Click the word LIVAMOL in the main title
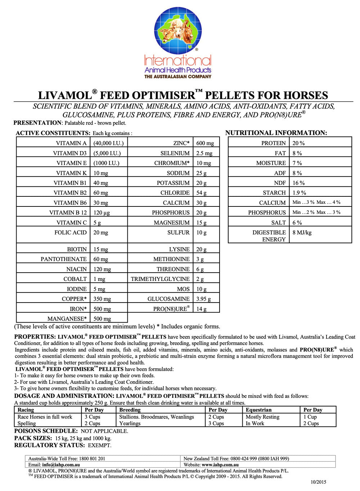click(65, 95)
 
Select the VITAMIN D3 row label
click(70, 153)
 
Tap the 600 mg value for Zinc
click(205, 143)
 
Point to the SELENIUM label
click(175, 153)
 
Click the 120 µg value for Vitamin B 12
click(102, 213)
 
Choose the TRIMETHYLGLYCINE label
click(160, 279)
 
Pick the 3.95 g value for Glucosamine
click(203, 299)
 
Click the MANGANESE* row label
click(67, 319)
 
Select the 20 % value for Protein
click(298, 143)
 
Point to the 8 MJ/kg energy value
click(302, 232)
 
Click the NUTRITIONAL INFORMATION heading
click(276, 133)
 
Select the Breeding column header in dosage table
click(130, 410)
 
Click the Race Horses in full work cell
click(45, 417)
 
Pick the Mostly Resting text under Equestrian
click(262, 417)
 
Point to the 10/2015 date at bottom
click(318, 482)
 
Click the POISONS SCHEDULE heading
click(46, 431)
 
